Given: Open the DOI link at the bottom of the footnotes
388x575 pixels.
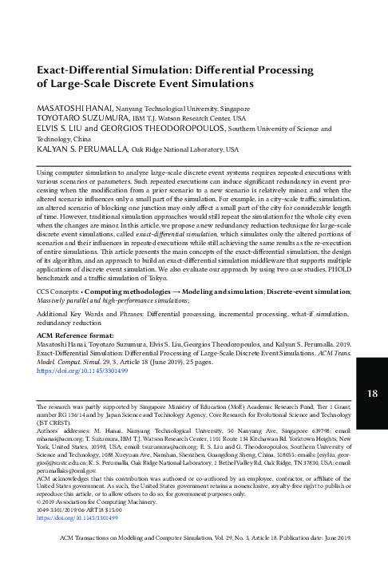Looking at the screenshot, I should [77, 495].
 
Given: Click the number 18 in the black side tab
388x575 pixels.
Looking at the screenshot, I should [372, 393].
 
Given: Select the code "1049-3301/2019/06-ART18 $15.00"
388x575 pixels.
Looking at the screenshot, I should [85, 488].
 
